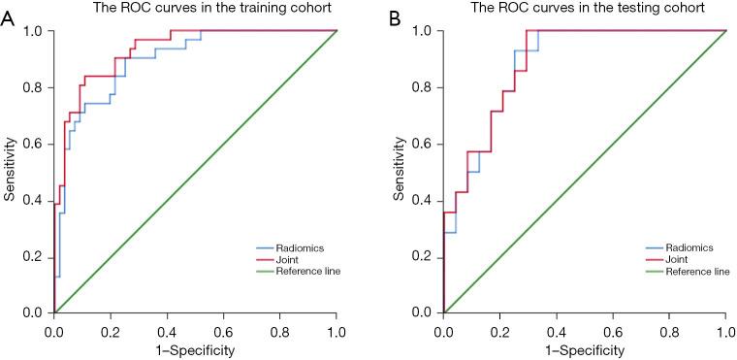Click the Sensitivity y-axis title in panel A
tap(10, 172)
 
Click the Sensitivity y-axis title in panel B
tap(399, 172)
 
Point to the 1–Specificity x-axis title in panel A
tap(195, 349)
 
